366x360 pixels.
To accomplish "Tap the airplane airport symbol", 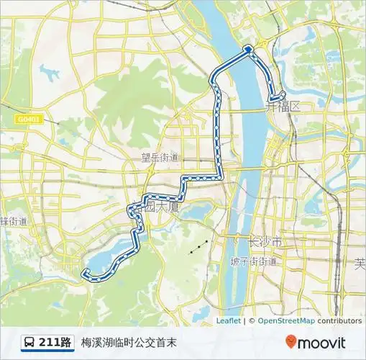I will click(50, 73).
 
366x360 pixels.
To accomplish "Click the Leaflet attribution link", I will click(228, 321).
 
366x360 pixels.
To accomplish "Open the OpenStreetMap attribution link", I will click(285, 321).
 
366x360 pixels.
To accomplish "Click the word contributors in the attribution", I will click(339, 321).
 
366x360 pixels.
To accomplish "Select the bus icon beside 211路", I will click(29, 342).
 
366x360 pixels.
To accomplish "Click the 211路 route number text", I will click(55, 342).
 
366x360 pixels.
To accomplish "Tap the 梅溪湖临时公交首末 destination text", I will click(129, 342).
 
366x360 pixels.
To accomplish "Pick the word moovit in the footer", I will click(321, 342).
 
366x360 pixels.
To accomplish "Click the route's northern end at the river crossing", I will click(249, 48).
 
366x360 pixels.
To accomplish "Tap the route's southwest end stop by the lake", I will click(86, 271).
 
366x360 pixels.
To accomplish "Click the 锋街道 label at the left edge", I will click(14, 220).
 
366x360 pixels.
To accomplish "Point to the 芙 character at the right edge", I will click(360, 264).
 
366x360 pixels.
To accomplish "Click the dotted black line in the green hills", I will click(200, 247).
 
